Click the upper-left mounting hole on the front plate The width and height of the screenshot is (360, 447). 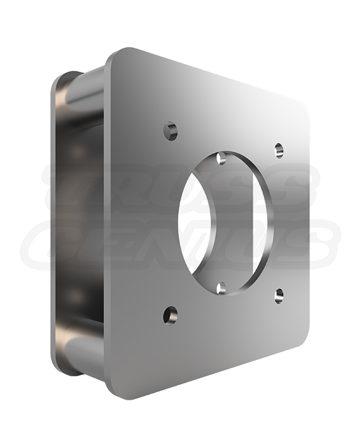pos(171,131)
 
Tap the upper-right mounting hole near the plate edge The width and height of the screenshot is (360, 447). pos(279,150)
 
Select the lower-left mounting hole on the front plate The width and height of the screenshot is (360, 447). pos(170,315)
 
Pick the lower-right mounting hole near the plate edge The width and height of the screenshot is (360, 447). pos(279,295)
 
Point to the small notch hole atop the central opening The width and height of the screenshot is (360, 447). pos(221,158)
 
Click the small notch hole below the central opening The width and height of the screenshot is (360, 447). pos(221,288)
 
